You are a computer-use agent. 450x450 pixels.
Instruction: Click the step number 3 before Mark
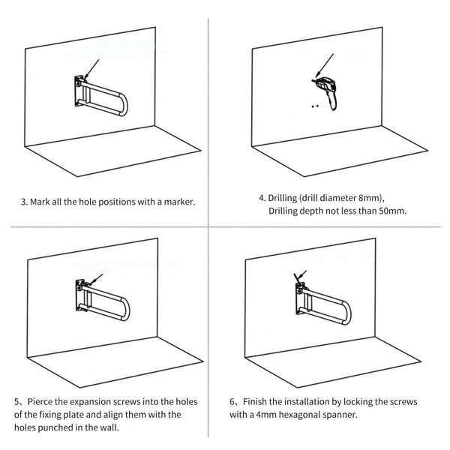[24, 202]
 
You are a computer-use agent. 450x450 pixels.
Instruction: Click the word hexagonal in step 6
[306, 414]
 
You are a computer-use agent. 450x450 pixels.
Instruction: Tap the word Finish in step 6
[255, 402]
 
